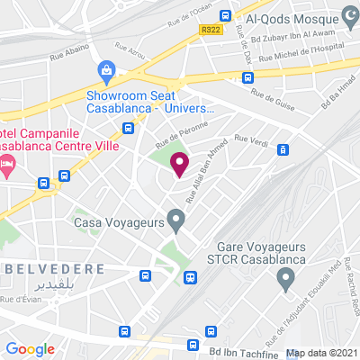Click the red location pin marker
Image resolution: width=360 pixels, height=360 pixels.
(179, 164)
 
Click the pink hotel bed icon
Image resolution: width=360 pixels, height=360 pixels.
(7, 164)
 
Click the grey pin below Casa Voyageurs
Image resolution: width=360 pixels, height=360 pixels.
(176, 218)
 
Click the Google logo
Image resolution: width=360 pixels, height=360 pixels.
(31, 349)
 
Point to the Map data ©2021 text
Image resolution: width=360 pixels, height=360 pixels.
(322, 353)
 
